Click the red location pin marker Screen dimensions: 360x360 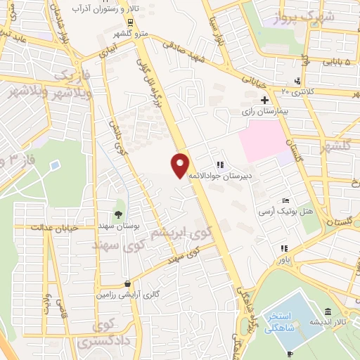point(180,164)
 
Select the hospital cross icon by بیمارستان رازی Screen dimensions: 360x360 point(264,101)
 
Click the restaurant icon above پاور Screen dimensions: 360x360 point(284,248)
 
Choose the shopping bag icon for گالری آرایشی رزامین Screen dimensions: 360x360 point(127,283)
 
